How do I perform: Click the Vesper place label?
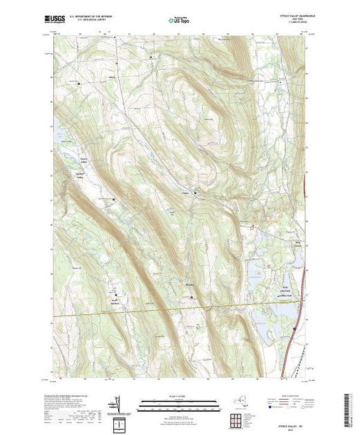point(185,192)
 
